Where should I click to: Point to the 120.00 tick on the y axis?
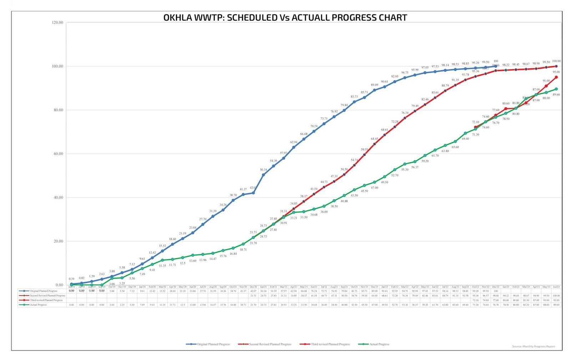pyautogui.click(x=57, y=22)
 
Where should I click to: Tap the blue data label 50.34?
pyautogui.click(x=263, y=170)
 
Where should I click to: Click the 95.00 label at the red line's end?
pyautogui.click(x=556, y=72)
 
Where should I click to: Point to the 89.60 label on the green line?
pyautogui.click(x=556, y=95)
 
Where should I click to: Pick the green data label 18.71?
pyautogui.click(x=243, y=250)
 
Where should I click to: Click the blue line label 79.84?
pyautogui.click(x=344, y=105)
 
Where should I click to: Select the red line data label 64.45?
pyautogui.click(x=374, y=139)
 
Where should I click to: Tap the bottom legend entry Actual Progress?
pyautogui.click(x=379, y=344)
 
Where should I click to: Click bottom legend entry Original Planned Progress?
pyautogui.click(x=213, y=344)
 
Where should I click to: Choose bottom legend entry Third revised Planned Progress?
pyautogui.click(x=330, y=344)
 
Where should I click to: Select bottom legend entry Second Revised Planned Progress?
pyautogui.click(x=270, y=344)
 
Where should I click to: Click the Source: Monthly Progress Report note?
pyautogui.click(x=533, y=346)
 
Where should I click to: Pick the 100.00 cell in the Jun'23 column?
pyautogui.click(x=556, y=296)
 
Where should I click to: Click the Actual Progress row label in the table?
pyautogui.click(x=38, y=305)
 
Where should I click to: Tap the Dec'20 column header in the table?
pyautogui.click(x=253, y=287)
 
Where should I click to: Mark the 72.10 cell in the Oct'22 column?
pyautogui.click(x=475, y=300)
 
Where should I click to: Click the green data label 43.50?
pyautogui.click(x=354, y=195)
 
